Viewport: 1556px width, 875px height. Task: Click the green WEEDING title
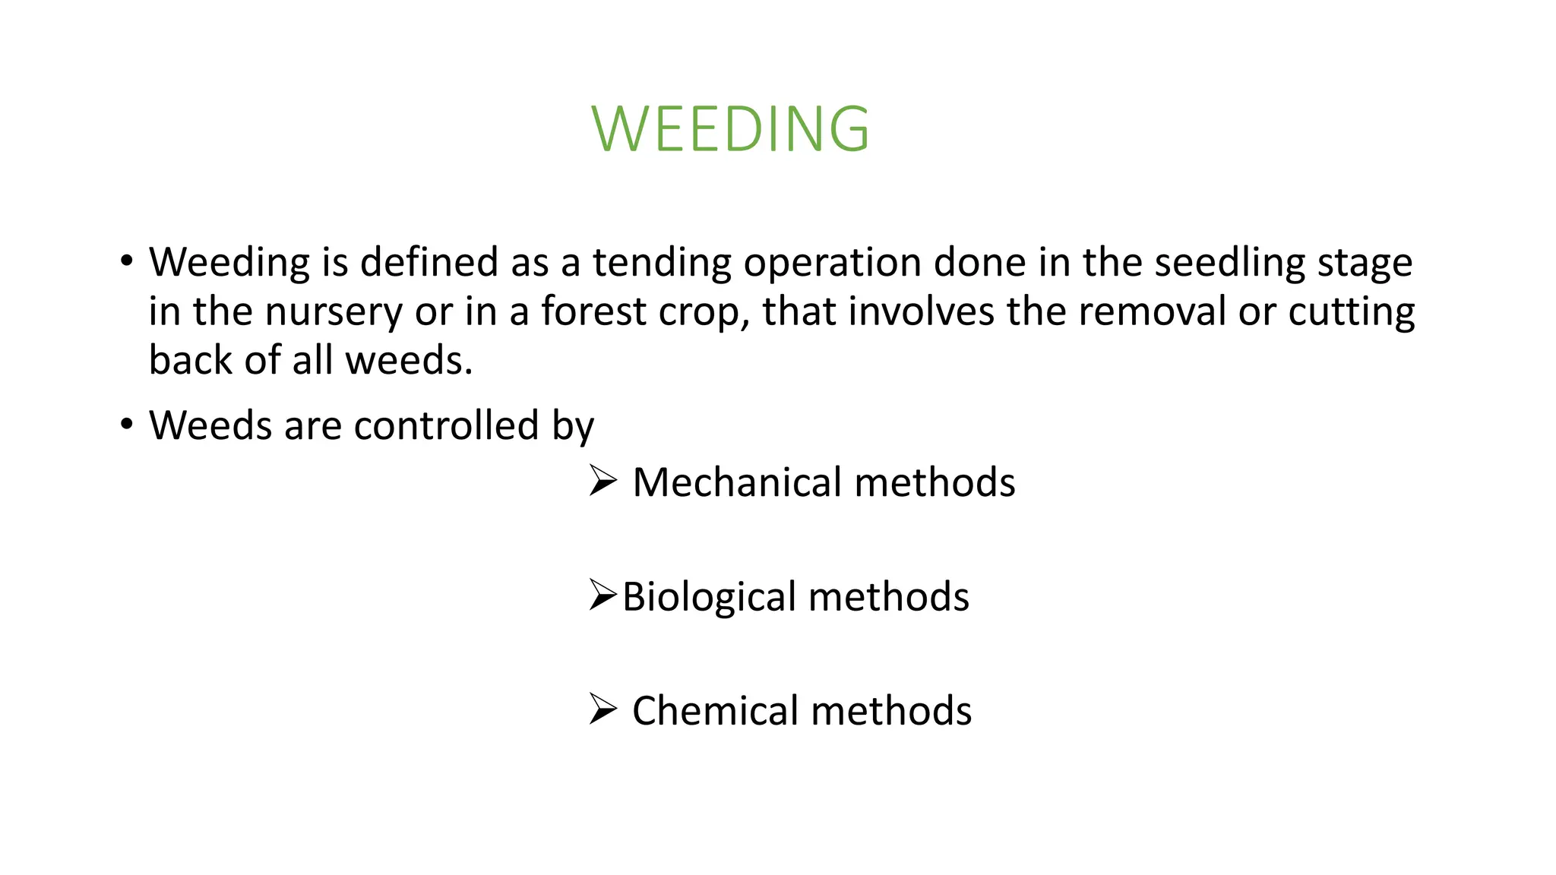coord(730,128)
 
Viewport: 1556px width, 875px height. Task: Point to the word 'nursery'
coord(333,311)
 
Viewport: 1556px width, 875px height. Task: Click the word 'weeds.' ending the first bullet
coord(410,360)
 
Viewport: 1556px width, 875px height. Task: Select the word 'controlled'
coord(447,425)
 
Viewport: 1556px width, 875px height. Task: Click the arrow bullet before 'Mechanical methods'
coord(602,481)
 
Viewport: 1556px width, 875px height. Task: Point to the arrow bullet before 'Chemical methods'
coord(602,709)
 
